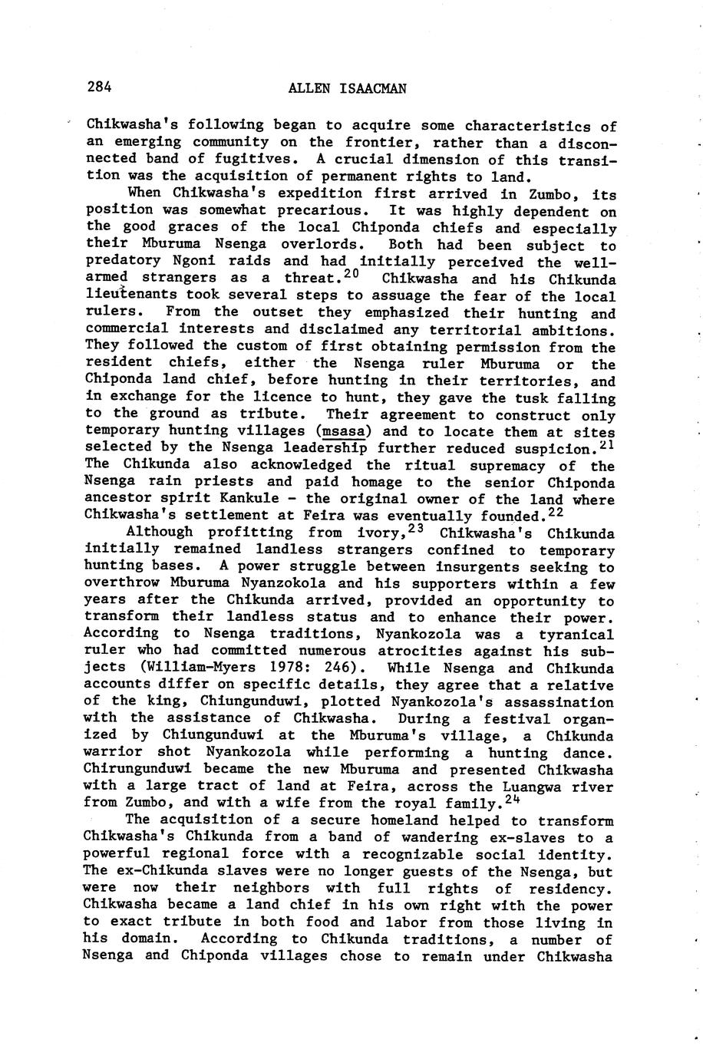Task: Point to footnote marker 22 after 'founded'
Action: click(555, 511)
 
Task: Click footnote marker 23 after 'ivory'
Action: click(417, 528)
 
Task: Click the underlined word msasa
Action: click(343, 432)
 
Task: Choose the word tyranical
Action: click(575, 635)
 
